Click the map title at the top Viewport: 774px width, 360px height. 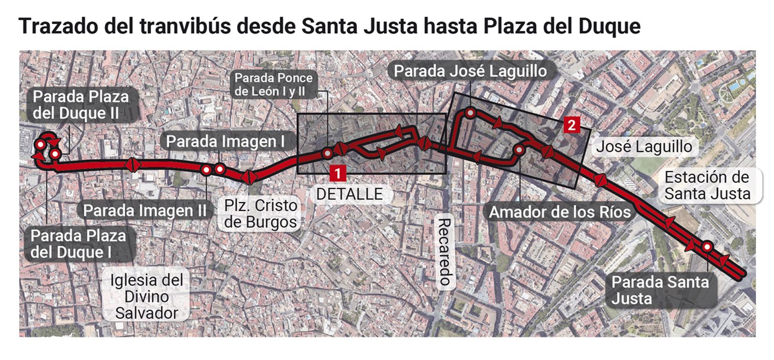click(x=329, y=26)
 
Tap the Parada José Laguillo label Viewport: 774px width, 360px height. click(x=470, y=71)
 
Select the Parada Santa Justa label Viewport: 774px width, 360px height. click(x=659, y=290)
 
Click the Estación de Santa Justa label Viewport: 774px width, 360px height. click(x=707, y=185)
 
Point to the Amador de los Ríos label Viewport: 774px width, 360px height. click(x=559, y=212)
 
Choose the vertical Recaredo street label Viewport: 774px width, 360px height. click(x=445, y=252)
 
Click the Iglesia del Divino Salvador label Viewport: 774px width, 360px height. click(x=147, y=296)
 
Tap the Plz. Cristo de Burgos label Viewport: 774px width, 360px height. click(x=261, y=213)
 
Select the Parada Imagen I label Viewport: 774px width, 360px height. click(x=225, y=141)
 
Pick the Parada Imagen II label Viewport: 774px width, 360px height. click(x=145, y=210)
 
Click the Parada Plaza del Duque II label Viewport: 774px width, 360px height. click(x=81, y=105)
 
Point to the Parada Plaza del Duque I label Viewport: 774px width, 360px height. click(x=78, y=244)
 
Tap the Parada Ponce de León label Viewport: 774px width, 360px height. click(x=273, y=84)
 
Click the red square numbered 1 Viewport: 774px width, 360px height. click(x=337, y=173)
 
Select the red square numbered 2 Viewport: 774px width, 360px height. click(x=571, y=125)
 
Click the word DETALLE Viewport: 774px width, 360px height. click(x=349, y=194)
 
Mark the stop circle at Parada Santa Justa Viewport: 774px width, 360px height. click(x=707, y=247)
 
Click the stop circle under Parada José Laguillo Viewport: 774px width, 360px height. click(x=470, y=113)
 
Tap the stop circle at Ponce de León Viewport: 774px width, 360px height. click(x=327, y=154)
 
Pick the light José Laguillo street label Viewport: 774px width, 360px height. click(x=643, y=147)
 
